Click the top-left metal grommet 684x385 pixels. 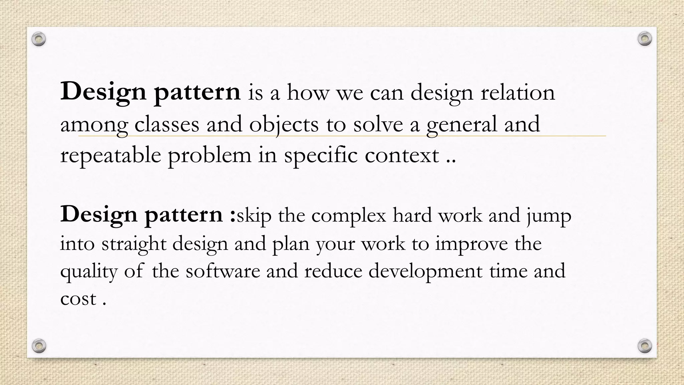[x=39, y=39]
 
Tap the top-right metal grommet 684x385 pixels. [x=645, y=39]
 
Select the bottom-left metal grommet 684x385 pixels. [x=39, y=346]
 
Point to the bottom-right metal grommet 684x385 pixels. [x=645, y=346]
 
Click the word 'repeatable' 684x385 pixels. [x=110, y=156]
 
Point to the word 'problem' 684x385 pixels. [x=209, y=156]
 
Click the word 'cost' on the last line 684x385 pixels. [x=78, y=298]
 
